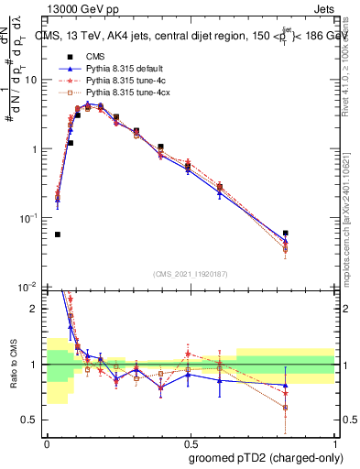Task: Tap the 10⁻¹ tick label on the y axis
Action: pyautogui.click(x=32, y=218)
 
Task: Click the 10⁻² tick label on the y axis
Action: pyautogui.click(x=32, y=287)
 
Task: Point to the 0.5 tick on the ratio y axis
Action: pyautogui.click(x=34, y=420)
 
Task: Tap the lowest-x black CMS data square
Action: pyautogui.click(x=58, y=234)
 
